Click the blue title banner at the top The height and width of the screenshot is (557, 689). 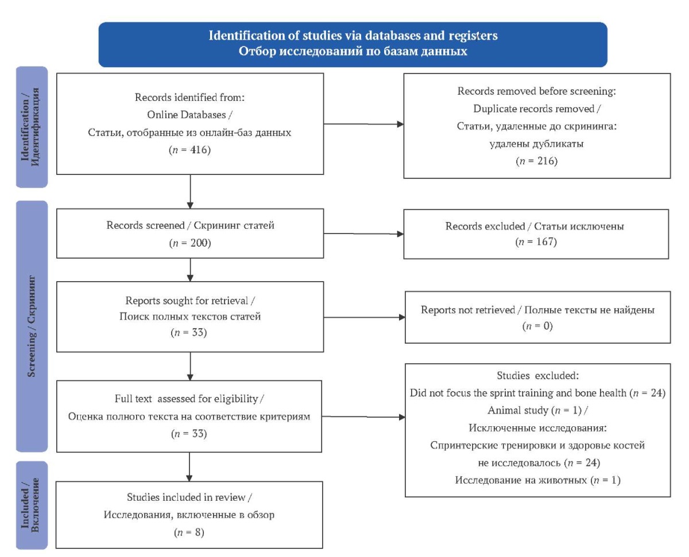(353, 44)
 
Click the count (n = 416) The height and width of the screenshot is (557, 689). (189, 150)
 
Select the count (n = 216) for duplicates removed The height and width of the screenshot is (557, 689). (537, 161)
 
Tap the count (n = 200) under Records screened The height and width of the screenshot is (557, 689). (190, 243)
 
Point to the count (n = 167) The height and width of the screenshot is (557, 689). (536, 242)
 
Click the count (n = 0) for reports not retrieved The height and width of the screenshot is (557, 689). (537, 326)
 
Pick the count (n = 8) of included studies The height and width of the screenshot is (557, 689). (189, 532)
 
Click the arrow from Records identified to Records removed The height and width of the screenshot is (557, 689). (363, 124)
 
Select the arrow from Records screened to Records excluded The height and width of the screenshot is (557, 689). (363, 233)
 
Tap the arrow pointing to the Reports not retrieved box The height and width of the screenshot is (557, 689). (364, 317)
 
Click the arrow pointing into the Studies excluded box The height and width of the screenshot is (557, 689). (363, 417)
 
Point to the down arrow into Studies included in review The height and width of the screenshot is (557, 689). (189, 467)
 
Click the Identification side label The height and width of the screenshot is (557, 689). (32, 127)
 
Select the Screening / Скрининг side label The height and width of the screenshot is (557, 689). (32, 326)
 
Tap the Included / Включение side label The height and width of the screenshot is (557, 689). (32, 505)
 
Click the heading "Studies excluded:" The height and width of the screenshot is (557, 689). (537, 375)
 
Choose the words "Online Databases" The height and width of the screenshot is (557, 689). (187, 115)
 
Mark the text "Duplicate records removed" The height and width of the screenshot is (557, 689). (534, 108)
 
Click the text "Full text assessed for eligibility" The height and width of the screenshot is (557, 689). (187, 399)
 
